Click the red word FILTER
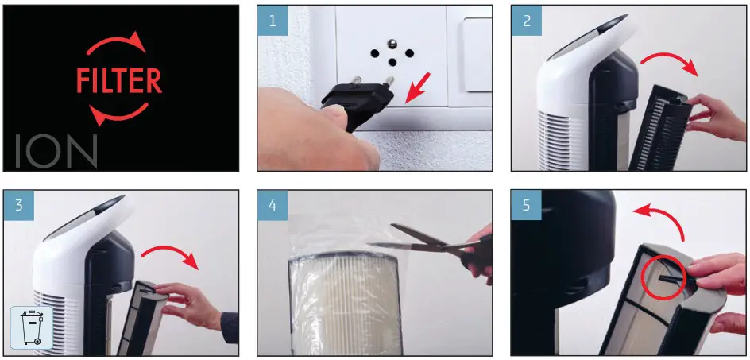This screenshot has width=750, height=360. tap(120, 80)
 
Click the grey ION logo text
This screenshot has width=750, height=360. tap(56, 151)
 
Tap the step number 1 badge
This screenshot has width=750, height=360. tap(272, 21)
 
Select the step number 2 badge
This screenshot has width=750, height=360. tap(526, 21)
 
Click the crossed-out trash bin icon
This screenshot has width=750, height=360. tap(32, 327)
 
